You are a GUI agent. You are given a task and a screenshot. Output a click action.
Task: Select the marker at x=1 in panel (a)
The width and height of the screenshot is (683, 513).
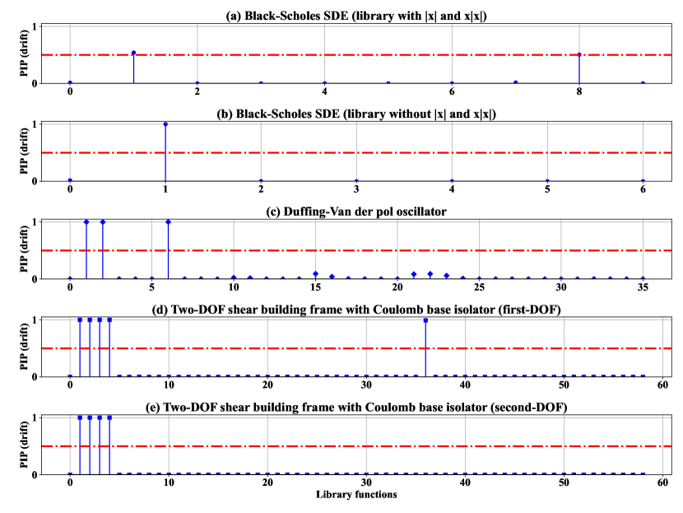[x=133, y=54]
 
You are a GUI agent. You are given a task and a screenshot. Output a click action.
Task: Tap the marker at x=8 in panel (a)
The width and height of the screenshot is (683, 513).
[x=579, y=54]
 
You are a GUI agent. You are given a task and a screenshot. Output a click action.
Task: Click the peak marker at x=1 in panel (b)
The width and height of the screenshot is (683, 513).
[x=165, y=124]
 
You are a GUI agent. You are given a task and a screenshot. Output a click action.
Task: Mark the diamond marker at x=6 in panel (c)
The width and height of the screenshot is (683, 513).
[x=168, y=222]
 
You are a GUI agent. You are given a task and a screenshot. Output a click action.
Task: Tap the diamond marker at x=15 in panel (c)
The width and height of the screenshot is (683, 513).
[x=315, y=273]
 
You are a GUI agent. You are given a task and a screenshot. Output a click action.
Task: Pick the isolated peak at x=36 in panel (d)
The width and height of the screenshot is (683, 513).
[x=425, y=319]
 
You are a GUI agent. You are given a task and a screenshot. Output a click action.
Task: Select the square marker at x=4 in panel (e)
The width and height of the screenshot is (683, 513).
[x=109, y=417]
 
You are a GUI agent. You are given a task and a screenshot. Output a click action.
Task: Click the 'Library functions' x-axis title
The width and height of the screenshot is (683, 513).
[x=356, y=494]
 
